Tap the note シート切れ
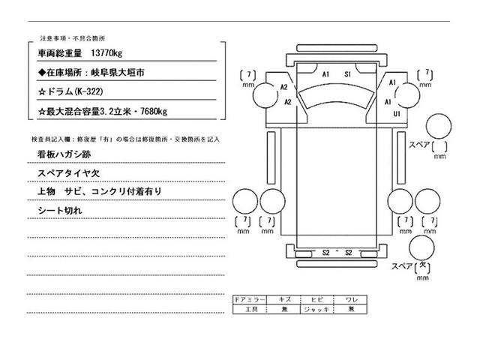click(x=59, y=211)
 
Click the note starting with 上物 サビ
click(x=98, y=192)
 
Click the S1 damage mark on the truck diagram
click(x=349, y=75)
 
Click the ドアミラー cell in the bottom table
click(x=248, y=299)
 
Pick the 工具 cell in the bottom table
click(x=248, y=308)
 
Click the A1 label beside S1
click(x=326, y=75)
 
